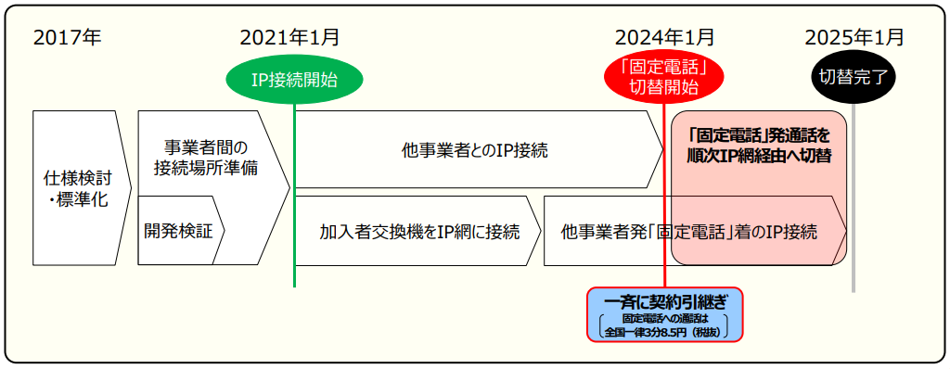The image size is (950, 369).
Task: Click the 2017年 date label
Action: click(67, 38)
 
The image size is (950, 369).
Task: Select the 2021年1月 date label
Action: click(289, 38)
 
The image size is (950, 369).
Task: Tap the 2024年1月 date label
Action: click(664, 38)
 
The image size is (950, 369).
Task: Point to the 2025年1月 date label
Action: click(854, 38)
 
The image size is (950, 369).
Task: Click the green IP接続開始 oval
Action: click(293, 80)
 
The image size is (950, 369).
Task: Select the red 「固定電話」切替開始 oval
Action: click(664, 77)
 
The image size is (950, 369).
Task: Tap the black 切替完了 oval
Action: click(854, 80)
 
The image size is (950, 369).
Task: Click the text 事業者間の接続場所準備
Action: click(206, 158)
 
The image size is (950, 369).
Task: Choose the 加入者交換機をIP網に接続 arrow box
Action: click(417, 231)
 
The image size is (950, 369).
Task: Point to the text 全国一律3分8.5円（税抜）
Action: click(664, 330)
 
